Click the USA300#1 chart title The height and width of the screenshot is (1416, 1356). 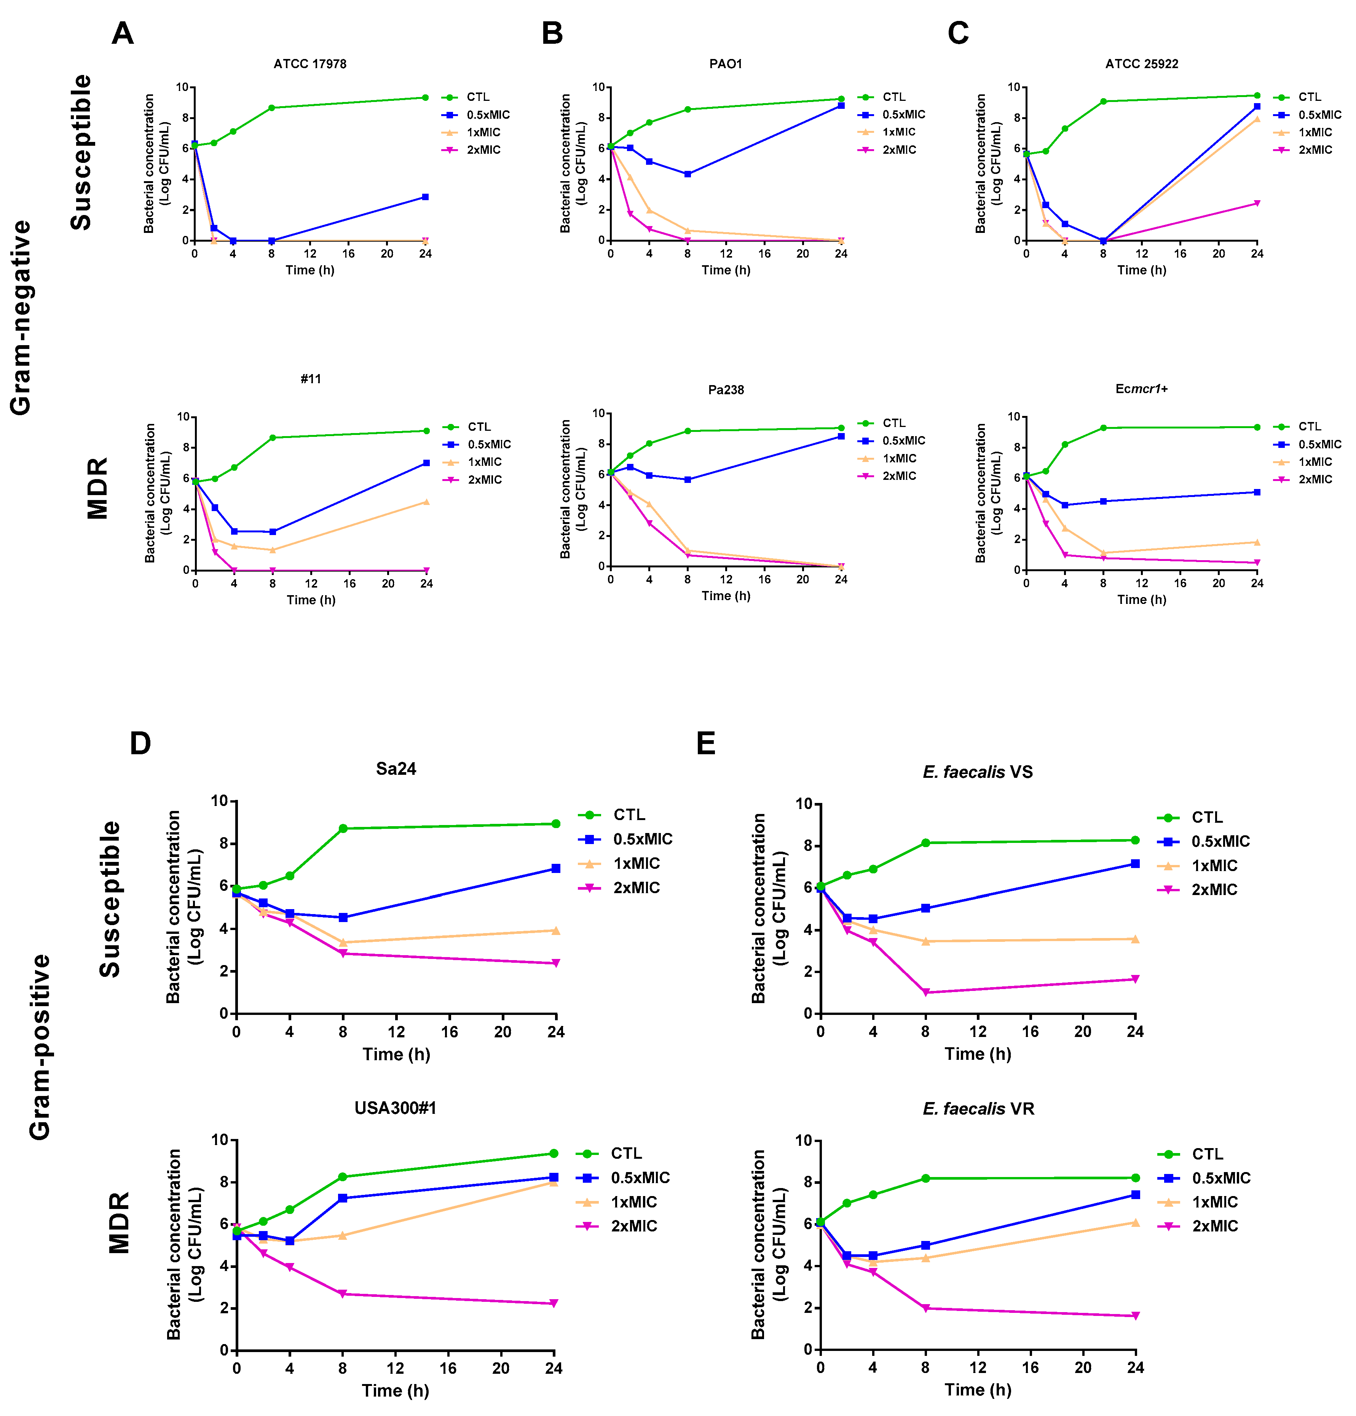(x=396, y=1108)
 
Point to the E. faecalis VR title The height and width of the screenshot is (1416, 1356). (x=978, y=1108)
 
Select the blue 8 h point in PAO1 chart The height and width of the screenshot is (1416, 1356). (x=688, y=174)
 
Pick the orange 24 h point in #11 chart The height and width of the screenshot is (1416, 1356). (x=426, y=502)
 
